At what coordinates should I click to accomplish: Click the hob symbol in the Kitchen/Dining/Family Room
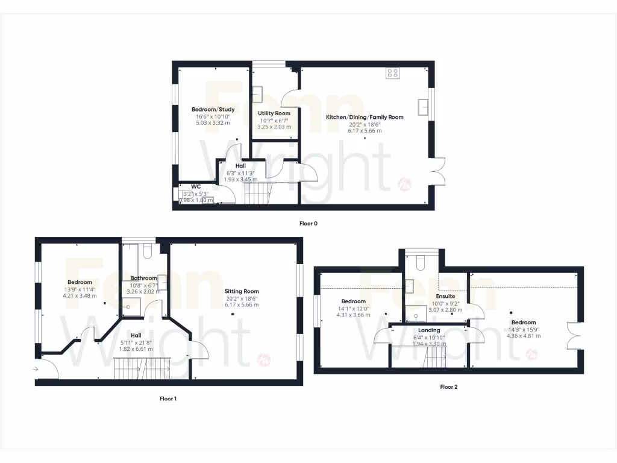393,74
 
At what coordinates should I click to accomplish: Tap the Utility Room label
274,113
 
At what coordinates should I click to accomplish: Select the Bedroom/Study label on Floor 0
213,109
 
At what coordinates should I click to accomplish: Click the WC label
196,186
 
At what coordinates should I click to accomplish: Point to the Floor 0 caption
308,224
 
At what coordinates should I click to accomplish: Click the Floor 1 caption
168,398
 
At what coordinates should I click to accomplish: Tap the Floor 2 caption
449,387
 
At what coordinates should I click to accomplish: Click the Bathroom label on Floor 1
143,278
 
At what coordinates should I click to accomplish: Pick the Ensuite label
445,297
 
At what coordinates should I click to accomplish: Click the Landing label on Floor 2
429,330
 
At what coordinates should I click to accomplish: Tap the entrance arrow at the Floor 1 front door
36,368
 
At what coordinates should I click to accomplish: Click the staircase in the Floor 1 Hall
142,367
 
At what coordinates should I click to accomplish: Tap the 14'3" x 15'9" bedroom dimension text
521,329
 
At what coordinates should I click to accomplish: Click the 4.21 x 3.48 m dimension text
80,295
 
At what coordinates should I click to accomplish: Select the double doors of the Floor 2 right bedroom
573,336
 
